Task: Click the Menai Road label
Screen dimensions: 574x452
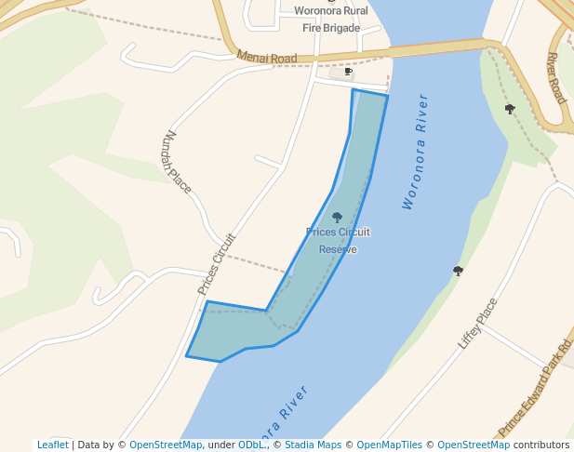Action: point(267,58)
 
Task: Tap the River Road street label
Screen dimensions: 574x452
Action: point(555,77)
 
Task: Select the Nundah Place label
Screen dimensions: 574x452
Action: point(177,161)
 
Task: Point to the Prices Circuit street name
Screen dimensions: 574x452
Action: point(218,263)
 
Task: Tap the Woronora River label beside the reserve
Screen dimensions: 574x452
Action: point(416,151)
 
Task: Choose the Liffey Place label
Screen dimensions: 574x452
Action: point(478,323)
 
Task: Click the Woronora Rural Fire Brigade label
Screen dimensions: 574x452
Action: point(330,19)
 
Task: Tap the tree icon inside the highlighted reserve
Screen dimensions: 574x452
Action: point(338,218)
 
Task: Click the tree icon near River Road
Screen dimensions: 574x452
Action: point(510,109)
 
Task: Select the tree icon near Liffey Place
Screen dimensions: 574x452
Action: point(458,271)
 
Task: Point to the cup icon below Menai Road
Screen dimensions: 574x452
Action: point(348,72)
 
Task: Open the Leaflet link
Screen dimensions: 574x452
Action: point(52,445)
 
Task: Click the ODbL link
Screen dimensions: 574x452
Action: point(250,445)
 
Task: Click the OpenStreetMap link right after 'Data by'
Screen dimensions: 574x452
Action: point(166,445)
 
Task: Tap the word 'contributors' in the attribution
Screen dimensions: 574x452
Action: point(541,445)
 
